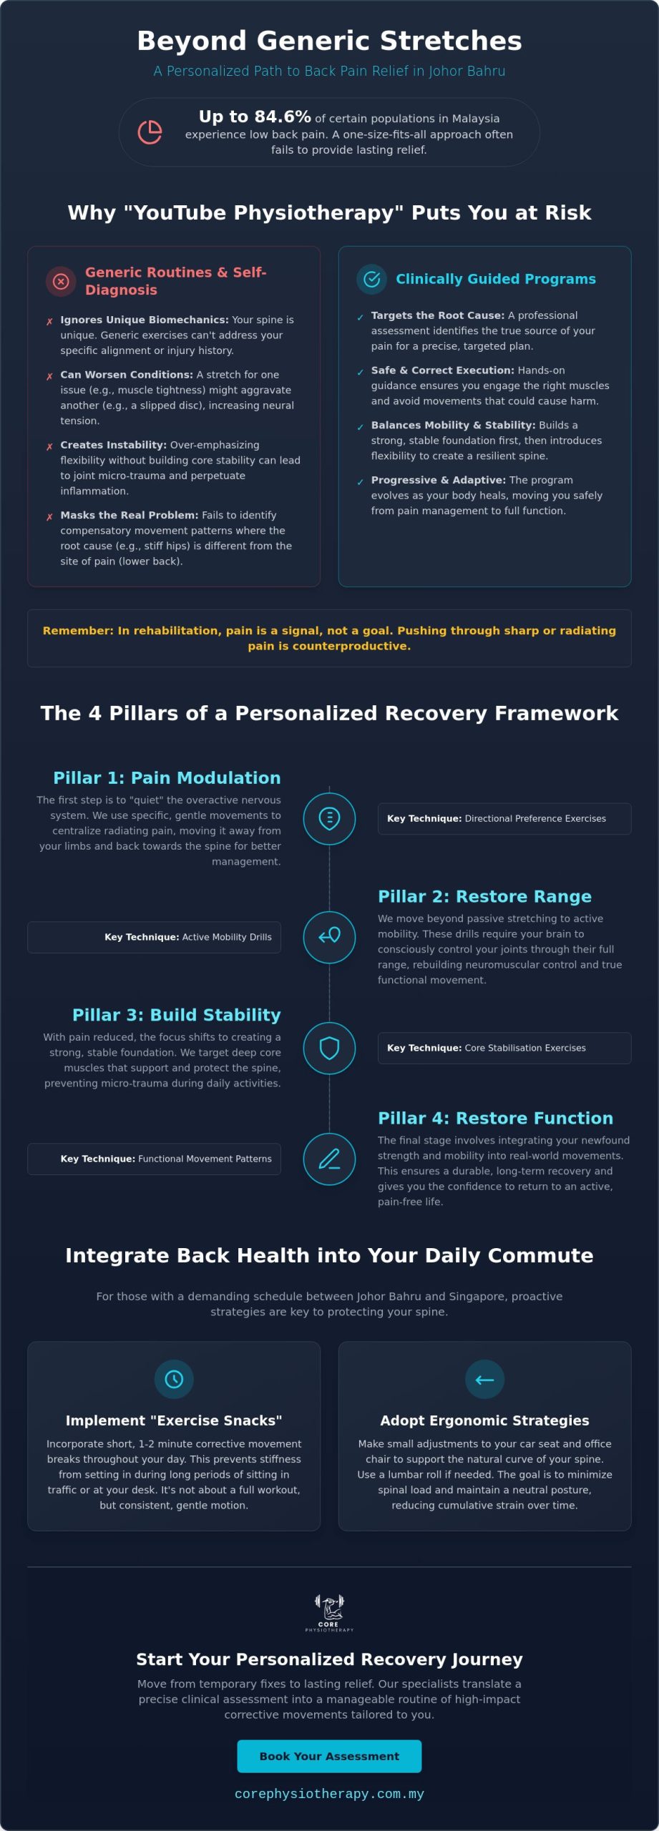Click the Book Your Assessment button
tap(329, 1756)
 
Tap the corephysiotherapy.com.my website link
tap(329, 1794)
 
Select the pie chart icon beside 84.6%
tap(150, 132)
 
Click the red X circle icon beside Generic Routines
tap(61, 281)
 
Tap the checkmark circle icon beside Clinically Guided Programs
tap(371, 279)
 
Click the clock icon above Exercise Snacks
tap(174, 1379)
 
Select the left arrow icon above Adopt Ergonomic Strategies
tap(484, 1379)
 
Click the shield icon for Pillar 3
tap(329, 1048)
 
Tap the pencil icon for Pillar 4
tap(329, 1159)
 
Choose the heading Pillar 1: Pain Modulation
tap(167, 777)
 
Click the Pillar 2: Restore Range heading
tap(484, 896)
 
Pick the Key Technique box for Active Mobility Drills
tap(154, 937)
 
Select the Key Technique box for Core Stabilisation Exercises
tap(504, 1048)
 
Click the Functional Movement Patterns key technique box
tap(154, 1159)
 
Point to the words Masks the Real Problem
tap(129, 515)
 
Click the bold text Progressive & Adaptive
tap(438, 480)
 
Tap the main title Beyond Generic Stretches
tap(329, 41)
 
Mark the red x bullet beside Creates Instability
tap(49, 447)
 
